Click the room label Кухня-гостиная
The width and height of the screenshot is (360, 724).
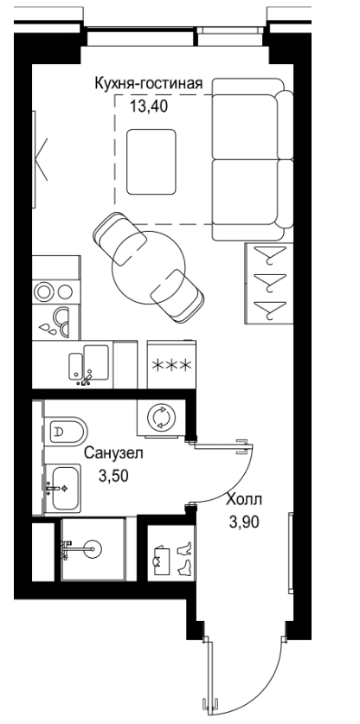[149, 84]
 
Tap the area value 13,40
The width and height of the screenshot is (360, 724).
[148, 106]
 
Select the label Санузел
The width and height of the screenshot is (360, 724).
[113, 453]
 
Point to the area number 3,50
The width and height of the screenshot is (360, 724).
[113, 476]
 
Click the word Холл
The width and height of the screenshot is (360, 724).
[244, 499]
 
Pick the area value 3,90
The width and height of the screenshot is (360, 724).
[243, 522]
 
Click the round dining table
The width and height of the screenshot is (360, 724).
[148, 267]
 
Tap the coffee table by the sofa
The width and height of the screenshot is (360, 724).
[151, 162]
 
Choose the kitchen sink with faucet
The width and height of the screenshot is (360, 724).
[89, 364]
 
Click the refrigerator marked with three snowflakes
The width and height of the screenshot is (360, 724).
[171, 365]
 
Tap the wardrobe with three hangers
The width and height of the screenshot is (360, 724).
[268, 284]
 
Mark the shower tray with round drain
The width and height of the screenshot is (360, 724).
[93, 549]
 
